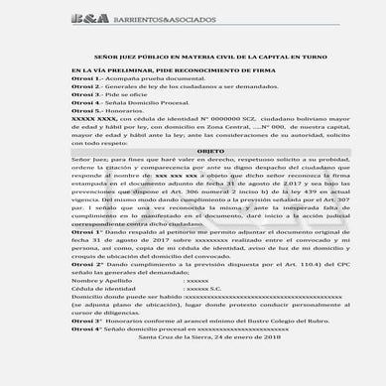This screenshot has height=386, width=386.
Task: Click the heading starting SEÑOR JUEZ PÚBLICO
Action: [x=193, y=60]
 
